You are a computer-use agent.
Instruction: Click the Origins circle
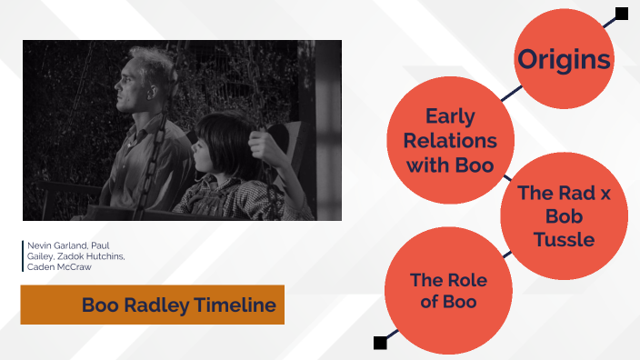pos(564,60)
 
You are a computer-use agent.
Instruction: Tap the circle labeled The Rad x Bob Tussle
pos(564,215)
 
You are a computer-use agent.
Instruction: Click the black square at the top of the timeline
pos(622,14)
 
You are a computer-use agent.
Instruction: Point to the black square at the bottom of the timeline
pos(380,342)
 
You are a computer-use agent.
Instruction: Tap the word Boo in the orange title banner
pos(99,305)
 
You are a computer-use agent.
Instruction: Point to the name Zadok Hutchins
pos(94,255)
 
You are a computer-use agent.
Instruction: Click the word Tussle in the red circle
pos(564,239)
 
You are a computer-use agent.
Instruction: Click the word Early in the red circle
pos(450,116)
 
